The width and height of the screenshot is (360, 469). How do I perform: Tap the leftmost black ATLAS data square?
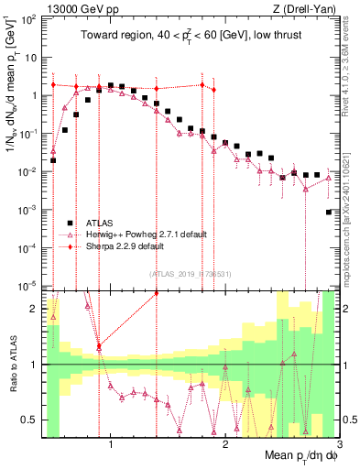pos(53,160)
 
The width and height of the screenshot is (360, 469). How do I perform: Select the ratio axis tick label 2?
pos(34,309)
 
